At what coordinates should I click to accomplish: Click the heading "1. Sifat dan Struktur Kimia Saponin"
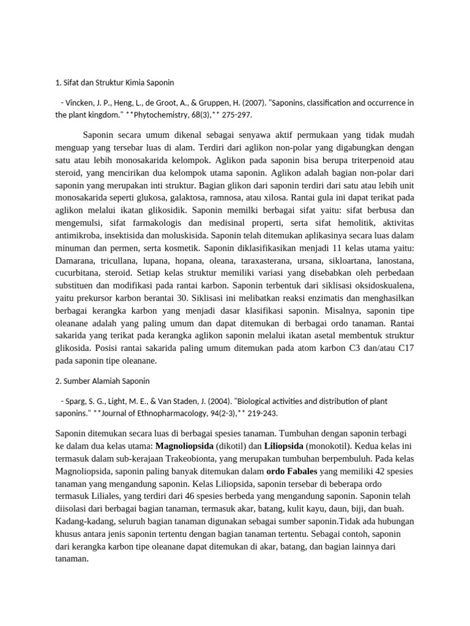point(115,81)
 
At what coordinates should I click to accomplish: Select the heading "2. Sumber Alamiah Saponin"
point(102,381)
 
